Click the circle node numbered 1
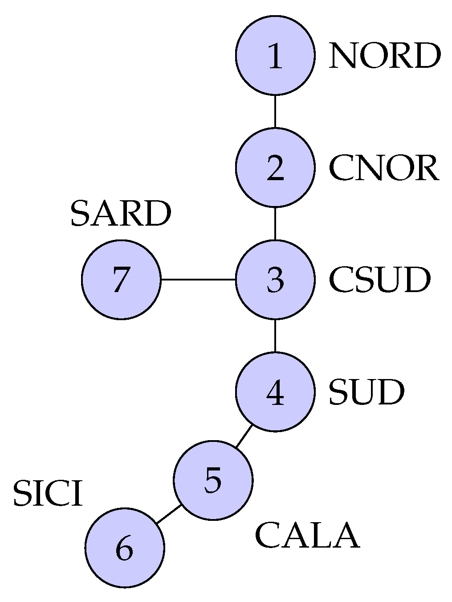(275, 55)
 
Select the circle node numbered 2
(275, 168)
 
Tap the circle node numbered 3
(275, 280)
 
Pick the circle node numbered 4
(275, 392)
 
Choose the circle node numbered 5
(213, 480)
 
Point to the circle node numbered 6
(125, 548)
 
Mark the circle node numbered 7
(121, 280)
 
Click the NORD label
(384, 56)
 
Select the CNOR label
(384, 168)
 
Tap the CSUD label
(379, 280)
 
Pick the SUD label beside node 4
(366, 392)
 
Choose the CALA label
(307, 536)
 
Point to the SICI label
(48, 494)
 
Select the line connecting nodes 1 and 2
(275, 111)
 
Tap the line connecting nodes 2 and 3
(275, 223)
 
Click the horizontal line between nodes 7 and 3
(198, 280)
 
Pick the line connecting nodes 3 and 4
(275, 336)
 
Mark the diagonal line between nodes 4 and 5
(244, 436)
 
